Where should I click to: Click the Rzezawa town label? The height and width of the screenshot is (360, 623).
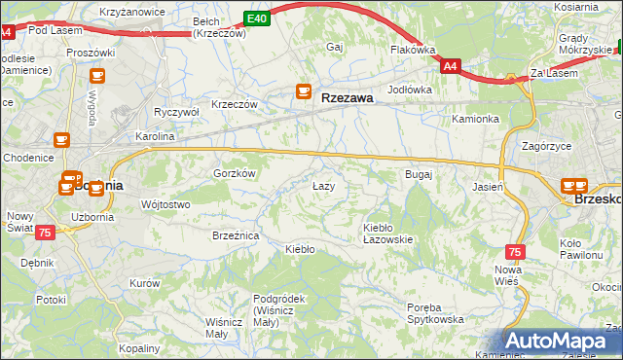348,96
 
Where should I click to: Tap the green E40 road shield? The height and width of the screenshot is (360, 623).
256,18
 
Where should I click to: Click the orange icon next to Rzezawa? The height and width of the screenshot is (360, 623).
304,93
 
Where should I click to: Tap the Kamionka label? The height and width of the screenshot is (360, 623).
475,119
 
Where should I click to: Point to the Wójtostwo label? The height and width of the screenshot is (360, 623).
165,204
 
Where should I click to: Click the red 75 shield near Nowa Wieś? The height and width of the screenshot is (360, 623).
515,251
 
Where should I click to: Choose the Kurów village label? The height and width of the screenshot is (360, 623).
143,283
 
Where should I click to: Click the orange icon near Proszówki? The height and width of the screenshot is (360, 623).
96,75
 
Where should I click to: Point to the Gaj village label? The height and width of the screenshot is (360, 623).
336,47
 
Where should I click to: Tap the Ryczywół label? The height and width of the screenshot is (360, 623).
176,112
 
